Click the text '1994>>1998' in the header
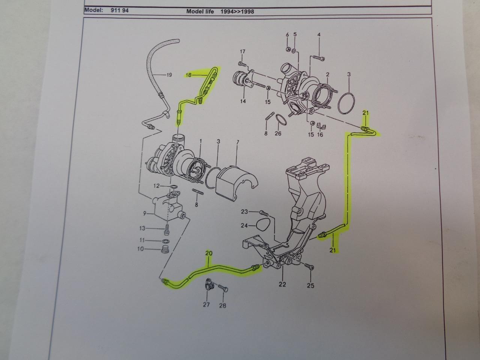tap(237, 11)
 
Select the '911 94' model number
tap(119, 10)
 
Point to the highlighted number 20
tap(209, 253)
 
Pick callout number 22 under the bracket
tap(282, 284)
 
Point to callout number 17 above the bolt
tap(242, 51)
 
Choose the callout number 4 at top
tap(319, 35)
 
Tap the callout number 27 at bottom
tap(206, 304)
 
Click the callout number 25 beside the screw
tap(310, 286)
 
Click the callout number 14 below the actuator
tap(243, 101)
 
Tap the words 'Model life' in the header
tap(200, 11)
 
